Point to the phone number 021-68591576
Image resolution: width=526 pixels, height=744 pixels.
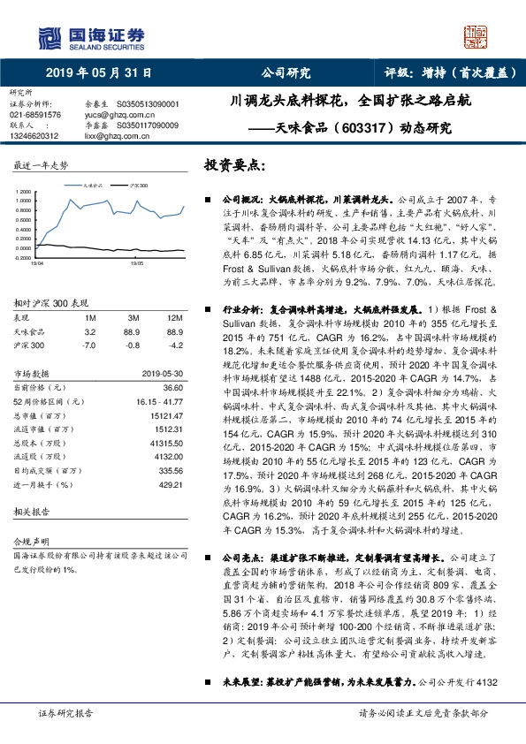(x=35, y=115)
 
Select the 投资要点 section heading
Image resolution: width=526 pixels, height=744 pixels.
(x=234, y=165)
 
